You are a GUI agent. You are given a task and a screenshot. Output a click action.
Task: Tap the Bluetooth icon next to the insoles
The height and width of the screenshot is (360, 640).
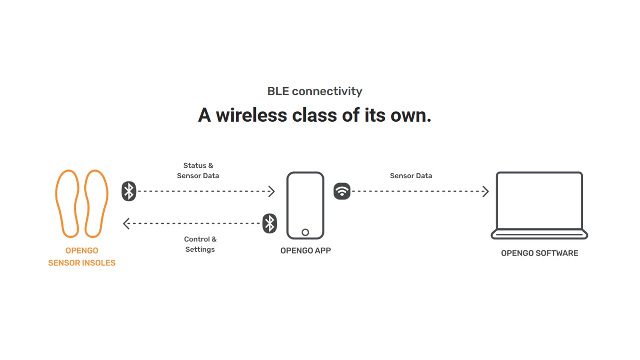[x=129, y=191]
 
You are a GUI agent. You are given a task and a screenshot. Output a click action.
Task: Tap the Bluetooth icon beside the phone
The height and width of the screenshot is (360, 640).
[x=270, y=223]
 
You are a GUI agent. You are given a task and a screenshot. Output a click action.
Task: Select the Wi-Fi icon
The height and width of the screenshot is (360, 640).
[x=342, y=191]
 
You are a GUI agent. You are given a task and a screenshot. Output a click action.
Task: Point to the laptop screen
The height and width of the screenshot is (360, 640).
[x=497, y=200]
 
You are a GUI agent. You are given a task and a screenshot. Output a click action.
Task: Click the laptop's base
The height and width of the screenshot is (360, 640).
[x=539, y=234]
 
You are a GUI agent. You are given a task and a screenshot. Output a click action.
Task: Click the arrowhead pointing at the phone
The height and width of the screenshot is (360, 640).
[x=272, y=191]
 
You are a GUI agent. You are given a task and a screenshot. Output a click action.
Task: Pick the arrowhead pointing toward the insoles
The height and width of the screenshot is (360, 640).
[x=126, y=223]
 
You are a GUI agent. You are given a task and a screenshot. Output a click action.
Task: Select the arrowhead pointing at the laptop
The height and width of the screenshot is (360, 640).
[x=485, y=191]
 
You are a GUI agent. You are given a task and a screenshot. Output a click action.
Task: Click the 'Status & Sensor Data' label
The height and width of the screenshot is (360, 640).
[x=198, y=171]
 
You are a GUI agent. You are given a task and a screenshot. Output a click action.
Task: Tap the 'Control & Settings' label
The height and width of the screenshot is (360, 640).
[x=200, y=244]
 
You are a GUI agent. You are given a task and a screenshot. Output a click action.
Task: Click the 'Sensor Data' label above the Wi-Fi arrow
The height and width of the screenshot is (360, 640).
[x=411, y=176]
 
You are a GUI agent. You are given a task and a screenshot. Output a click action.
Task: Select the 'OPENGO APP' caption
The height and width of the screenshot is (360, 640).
[x=305, y=251]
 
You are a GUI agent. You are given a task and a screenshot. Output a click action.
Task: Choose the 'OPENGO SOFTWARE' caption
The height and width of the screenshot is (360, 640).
[x=539, y=253]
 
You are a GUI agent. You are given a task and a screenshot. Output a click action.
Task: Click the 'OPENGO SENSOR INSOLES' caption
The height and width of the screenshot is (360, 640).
[x=82, y=257]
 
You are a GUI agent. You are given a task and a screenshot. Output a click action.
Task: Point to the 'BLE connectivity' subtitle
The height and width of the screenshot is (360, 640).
[x=315, y=91]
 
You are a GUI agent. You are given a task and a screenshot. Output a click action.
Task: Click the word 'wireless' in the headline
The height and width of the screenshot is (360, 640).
[x=251, y=115]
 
